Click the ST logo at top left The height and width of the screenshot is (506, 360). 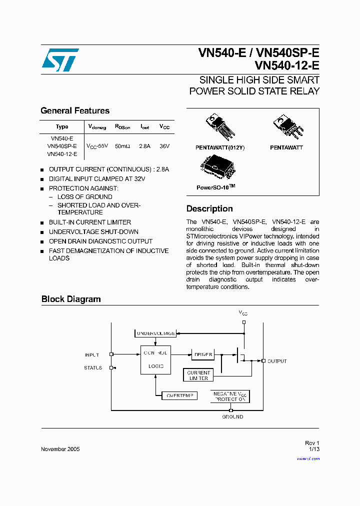click(x=60, y=60)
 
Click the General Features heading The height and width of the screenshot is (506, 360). click(x=75, y=111)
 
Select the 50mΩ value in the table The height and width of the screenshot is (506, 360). click(x=122, y=146)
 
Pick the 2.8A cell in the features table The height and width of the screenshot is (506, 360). click(x=144, y=146)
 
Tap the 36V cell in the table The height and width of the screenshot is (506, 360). click(x=164, y=146)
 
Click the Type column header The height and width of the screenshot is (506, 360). click(x=62, y=127)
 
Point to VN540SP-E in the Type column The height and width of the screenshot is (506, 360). click(x=62, y=146)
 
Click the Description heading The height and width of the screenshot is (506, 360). click(x=209, y=209)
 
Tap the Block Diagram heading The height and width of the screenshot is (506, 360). click(x=71, y=299)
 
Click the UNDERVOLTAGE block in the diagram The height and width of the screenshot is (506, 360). click(x=155, y=333)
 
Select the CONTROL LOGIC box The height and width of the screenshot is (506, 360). click(x=155, y=359)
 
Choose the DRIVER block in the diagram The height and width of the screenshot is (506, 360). click(x=202, y=354)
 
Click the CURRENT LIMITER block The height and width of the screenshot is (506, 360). click(x=198, y=375)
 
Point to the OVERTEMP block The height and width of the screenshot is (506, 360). click(x=179, y=395)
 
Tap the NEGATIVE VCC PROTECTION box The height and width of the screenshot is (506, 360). click(x=230, y=396)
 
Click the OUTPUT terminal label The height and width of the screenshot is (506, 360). click(x=277, y=361)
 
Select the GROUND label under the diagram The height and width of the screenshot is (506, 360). click(x=232, y=416)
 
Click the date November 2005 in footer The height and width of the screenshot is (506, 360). click(x=60, y=449)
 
